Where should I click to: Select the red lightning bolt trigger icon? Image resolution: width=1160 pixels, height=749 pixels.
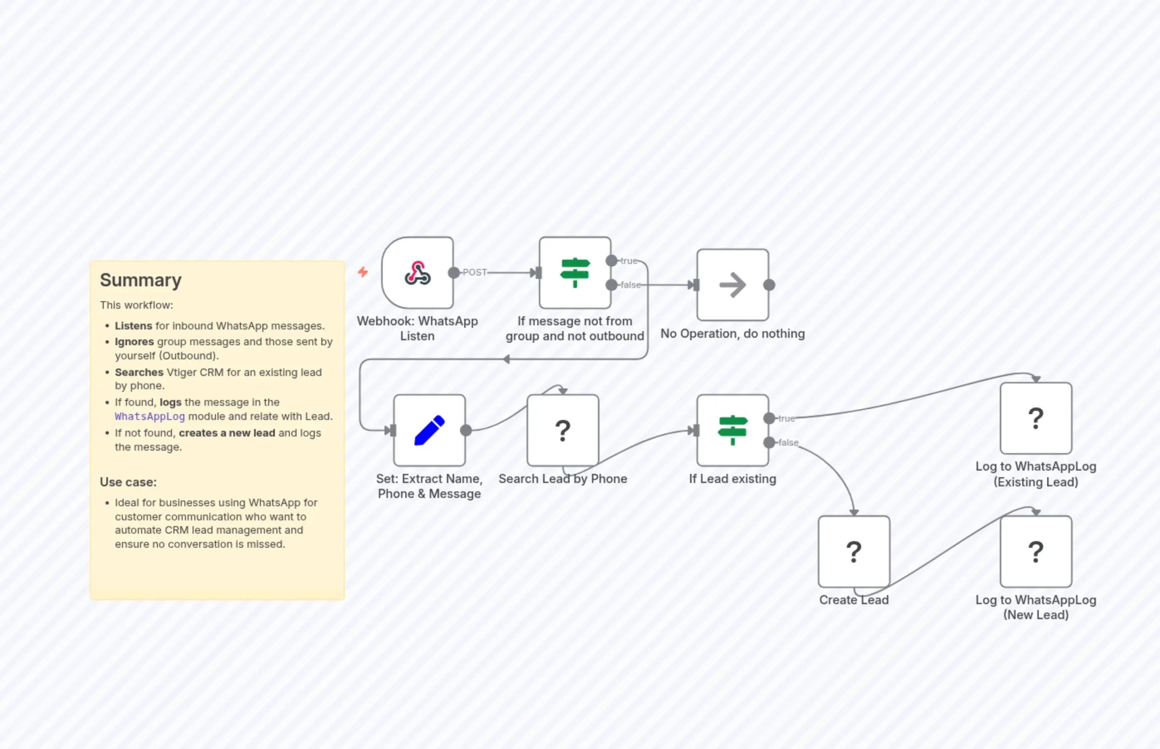[362, 272]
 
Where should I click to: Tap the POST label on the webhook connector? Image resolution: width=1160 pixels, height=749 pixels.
[475, 272]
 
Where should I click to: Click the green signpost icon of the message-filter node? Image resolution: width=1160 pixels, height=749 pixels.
[575, 273]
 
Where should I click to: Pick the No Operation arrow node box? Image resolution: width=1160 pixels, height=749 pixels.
[732, 285]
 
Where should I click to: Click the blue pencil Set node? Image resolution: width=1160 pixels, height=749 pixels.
[429, 430]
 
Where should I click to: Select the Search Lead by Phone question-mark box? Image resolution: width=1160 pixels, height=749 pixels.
[563, 430]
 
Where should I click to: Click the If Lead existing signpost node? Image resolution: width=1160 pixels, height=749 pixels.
[732, 430]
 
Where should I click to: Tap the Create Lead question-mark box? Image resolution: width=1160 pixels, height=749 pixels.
[854, 551]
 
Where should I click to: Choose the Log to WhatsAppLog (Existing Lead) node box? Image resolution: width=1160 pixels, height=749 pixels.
[1035, 418]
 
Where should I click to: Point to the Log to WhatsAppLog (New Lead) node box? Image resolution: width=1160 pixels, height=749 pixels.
[1035, 551]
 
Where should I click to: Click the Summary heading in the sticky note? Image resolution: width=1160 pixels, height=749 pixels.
[141, 280]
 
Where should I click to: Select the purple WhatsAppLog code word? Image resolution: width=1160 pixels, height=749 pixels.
[150, 416]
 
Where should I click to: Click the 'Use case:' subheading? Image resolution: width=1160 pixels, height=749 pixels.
[128, 482]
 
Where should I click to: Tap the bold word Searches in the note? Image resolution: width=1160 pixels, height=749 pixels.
[139, 372]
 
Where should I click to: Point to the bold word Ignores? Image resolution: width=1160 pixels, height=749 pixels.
[134, 342]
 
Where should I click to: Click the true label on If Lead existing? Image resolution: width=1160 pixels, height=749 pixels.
[786, 418]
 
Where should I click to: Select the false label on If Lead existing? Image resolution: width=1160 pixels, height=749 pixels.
[788, 443]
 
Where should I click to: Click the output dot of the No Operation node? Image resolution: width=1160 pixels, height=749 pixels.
[769, 285]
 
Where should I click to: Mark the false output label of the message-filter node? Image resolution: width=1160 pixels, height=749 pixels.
[631, 285]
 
